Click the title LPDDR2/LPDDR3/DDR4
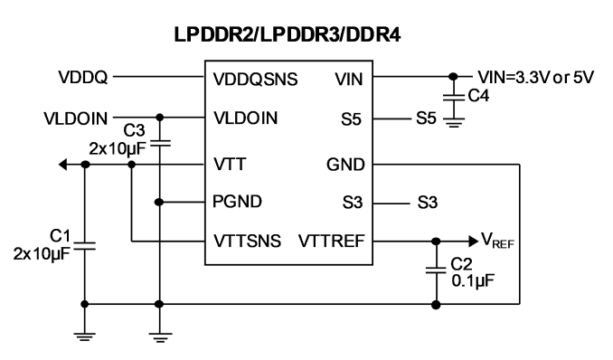pos(288,34)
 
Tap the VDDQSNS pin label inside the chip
pos(255,79)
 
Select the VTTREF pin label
pos(332,241)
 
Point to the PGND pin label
pos(237,202)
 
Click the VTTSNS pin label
pos(247,241)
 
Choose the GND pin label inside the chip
pos(345,165)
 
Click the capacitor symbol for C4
pos(454,97)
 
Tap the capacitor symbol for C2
pos(436,270)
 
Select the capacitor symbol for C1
pos(85,246)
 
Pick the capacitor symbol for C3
pos(159,144)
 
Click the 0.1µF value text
pos(473,280)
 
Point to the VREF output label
pos(497,240)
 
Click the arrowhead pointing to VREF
pos(474,241)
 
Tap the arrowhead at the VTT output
pos(63,165)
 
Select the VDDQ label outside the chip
pos(83,77)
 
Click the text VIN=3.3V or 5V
pos(536,77)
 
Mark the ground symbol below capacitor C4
pos(454,123)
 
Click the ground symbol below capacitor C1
pos(85,336)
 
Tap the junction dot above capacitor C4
pos(453,77)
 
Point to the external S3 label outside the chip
pos(428,203)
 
